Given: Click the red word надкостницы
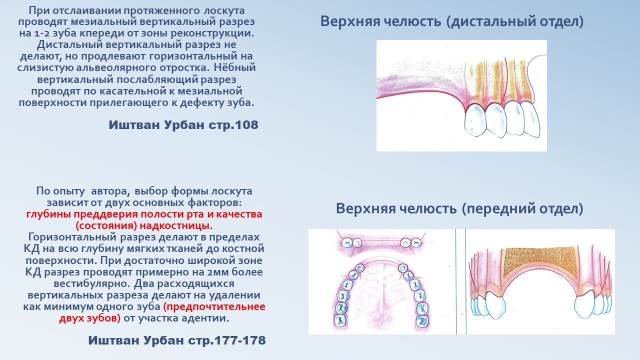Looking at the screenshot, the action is pos(176,226).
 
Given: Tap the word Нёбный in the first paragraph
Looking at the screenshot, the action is pos(235,67).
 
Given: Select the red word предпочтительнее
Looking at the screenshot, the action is pos(214,307).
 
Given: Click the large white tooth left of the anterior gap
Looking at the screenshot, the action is pos(495,304).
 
